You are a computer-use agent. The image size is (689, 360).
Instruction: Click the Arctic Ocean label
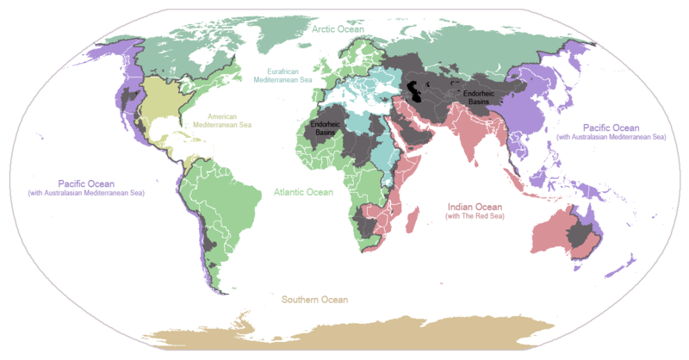[x=338, y=29]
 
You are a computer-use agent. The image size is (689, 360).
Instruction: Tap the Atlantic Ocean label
[x=303, y=192]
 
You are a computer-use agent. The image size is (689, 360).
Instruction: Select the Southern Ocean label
[x=314, y=300]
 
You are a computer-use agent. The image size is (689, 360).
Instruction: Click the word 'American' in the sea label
[x=227, y=115]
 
